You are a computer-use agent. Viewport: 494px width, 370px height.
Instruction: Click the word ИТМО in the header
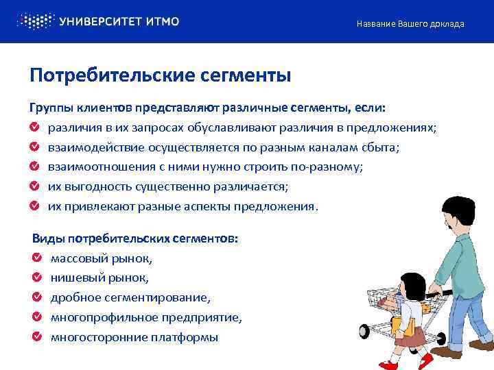163,21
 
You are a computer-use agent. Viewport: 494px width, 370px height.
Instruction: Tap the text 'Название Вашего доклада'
410,24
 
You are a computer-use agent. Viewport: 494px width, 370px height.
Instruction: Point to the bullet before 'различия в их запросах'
34,127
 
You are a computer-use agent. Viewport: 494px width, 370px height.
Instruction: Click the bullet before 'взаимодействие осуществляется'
34,147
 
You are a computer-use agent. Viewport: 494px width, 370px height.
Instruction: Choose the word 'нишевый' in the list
75,278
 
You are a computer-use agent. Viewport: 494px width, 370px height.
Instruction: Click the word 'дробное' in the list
75,298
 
